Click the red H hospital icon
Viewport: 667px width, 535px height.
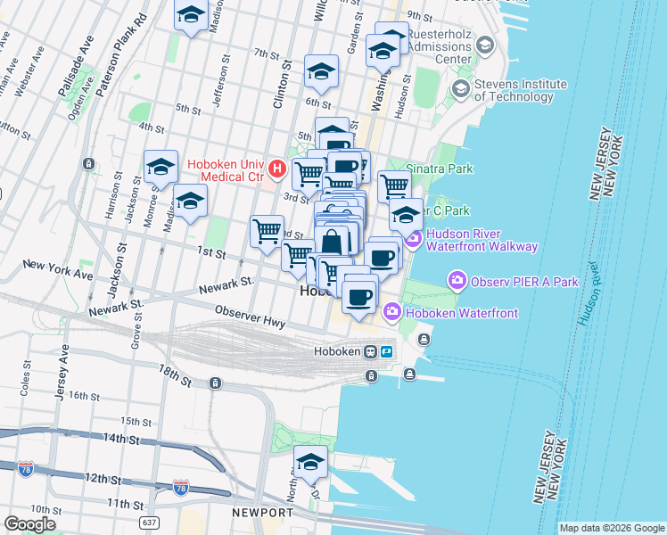click(x=277, y=167)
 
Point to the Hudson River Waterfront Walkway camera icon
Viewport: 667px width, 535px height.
click(x=413, y=239)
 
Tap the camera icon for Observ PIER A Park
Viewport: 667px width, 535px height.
click(x=457, y=282)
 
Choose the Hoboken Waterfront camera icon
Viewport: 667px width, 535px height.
click(x=391, y=311)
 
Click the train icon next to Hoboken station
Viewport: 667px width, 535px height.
click(x=370, y=351)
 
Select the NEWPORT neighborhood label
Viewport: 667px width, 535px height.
click(x=262, y=513)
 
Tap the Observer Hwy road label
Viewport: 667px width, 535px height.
click(x=250, y=317)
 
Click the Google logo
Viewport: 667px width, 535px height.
click(x=29, y=524)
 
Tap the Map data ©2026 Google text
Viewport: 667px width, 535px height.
click(x=612, y=528)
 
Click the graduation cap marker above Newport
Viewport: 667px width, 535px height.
click(x=310, y=463)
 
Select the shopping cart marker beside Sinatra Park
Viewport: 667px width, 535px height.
click(x=394, y=186)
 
